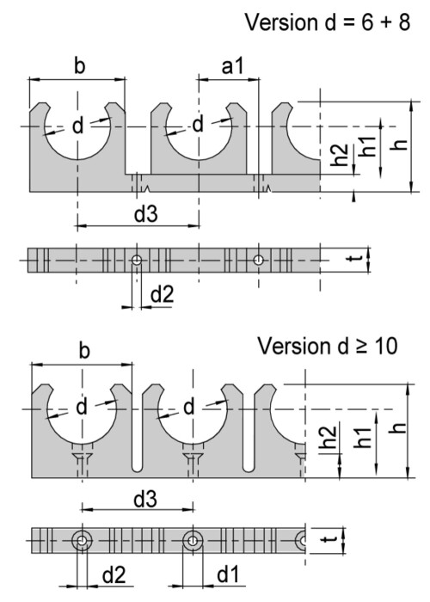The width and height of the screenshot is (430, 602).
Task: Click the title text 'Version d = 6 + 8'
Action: coord(328,21)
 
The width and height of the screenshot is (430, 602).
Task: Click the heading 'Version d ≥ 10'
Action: coord(327,346)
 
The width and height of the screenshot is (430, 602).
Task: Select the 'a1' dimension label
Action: coord(233,66)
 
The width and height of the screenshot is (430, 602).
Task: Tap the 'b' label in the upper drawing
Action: coord(79,65)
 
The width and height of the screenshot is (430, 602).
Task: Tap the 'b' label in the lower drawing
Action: coord(83,350)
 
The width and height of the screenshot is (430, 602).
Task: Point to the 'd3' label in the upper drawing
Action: coord(146,213)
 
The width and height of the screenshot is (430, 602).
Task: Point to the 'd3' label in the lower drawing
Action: coord(145,499)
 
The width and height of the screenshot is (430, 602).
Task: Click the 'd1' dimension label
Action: coord(228,574)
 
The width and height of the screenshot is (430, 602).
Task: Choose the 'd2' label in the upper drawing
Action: coord(162,294)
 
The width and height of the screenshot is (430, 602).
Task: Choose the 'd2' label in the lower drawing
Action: coord(114,574)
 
